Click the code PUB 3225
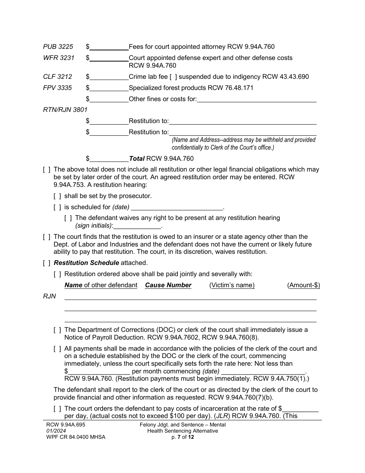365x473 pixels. (x=58, y=47)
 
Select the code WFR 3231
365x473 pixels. (x=58, y=58)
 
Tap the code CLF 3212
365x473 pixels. (x=58, y=77)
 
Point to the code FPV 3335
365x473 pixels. (x=58, y=88)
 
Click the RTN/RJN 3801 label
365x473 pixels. (x=65, y=110)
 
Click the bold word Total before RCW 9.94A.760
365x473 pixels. (x=137, y=158)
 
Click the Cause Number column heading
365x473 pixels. (x=168, y=285)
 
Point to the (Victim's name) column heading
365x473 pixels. (x=232, y=285)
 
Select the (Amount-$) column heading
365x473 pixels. (x=304, y=285)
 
